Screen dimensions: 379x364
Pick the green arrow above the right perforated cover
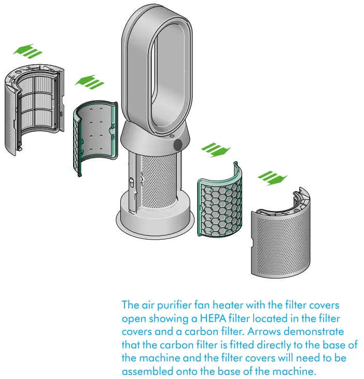tap(272, 178)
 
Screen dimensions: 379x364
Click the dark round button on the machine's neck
tap(178, 145)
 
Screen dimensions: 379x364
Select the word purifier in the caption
tap(162, 304)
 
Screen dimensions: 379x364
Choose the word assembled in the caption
tap(147, 372)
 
